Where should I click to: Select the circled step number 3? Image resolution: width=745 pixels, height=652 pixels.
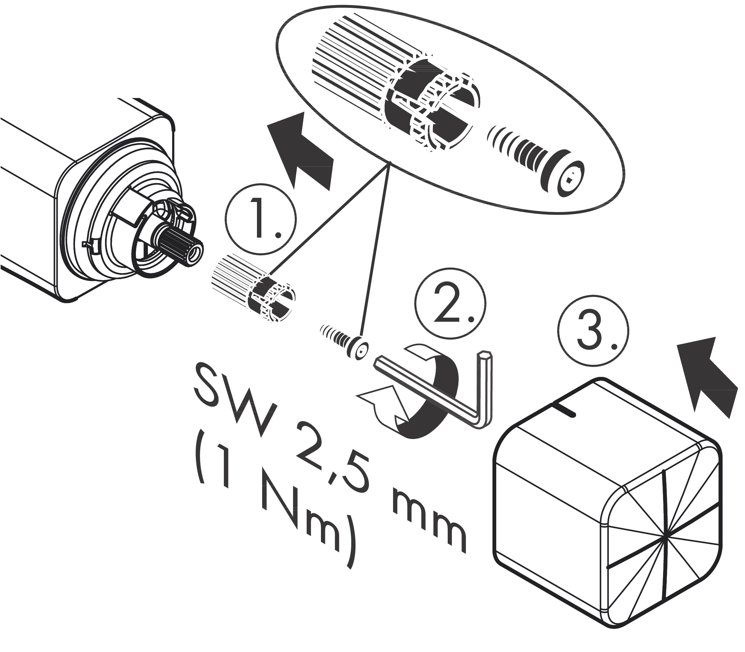[592, 330]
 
